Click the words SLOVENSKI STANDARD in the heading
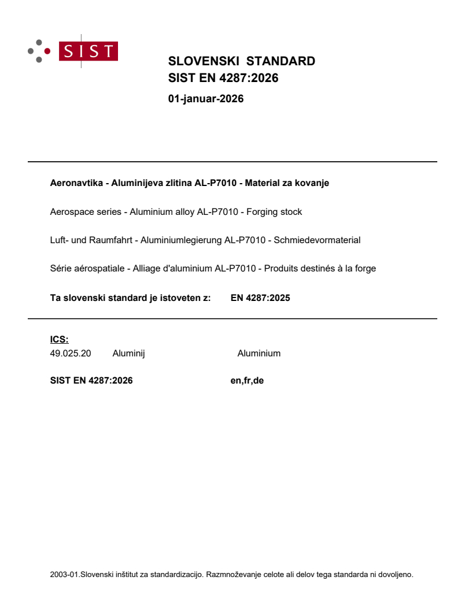[x=241, y=61]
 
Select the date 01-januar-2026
[x=205, y=99]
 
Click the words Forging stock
[x=274, y=212]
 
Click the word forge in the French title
[x=364, y=268]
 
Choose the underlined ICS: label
[x=59, y=340]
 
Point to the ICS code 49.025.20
[x=71, y=354]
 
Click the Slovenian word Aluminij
[x=128, y=354]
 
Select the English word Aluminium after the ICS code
[x=259, y=354]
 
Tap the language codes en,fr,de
[x=247, y=380]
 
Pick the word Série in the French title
[x=61, y=268]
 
